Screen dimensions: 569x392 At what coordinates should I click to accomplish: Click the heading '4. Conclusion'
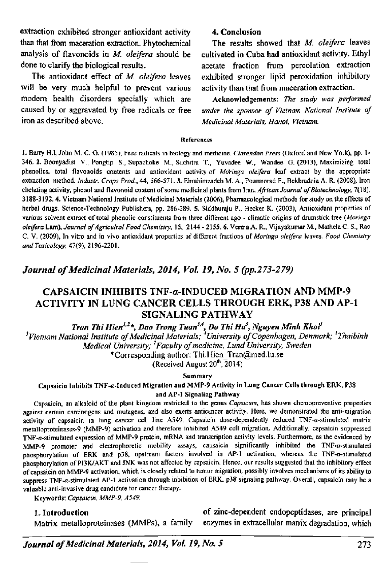pos(236,32)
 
